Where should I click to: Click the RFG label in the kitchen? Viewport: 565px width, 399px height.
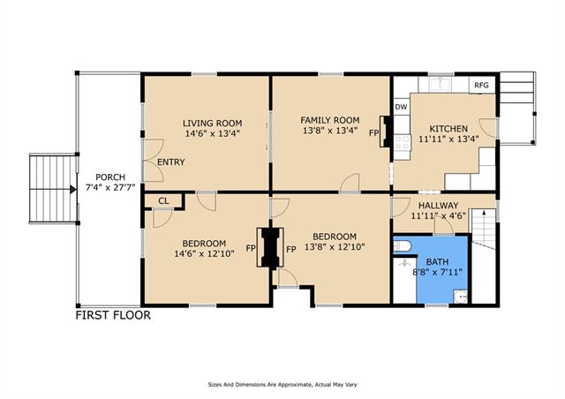[481, 86]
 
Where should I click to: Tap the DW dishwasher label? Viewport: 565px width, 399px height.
[401, 107]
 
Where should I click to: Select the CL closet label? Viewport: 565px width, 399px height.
[163, 200]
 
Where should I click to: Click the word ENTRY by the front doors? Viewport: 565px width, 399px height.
[170, 162]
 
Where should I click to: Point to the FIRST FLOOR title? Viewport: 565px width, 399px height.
[113, 315]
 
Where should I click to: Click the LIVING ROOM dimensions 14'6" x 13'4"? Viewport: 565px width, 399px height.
[213, 133]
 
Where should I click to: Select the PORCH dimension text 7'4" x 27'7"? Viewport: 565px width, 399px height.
[110, 187]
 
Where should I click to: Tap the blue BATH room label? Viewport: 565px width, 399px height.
[438, 261]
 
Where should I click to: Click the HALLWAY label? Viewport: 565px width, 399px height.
[438, 206]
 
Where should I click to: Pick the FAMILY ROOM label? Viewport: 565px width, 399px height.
[330, 120]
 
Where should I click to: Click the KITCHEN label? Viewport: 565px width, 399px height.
[448, 129]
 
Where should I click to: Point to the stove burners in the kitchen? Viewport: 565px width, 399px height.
[403, 142]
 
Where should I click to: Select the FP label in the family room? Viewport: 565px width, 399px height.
[374, 133]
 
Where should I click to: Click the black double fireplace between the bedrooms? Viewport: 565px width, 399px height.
[270, 248]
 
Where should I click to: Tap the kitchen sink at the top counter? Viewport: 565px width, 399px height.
[441, 84]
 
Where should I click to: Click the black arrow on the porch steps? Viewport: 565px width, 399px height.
[72, 189]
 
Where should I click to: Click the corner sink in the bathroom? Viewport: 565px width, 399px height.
[461, 297]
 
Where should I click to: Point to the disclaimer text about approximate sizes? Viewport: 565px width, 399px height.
[282, 385]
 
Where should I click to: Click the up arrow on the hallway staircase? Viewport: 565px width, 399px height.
[484, 213]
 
